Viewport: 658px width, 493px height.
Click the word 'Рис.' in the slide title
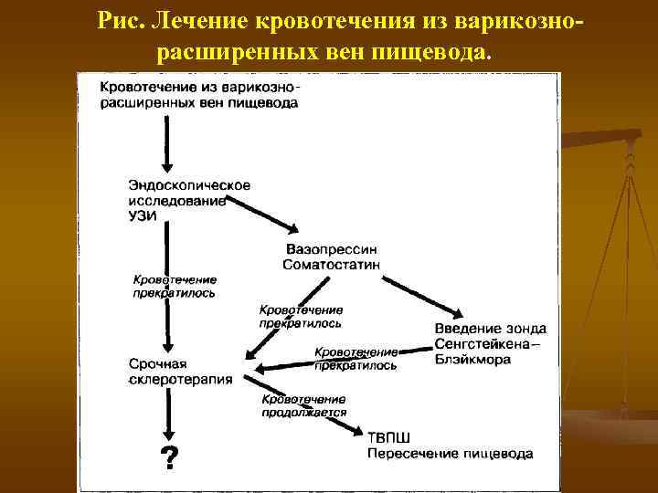[x=125, y=18]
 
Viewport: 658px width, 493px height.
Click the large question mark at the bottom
[x=169, y=456]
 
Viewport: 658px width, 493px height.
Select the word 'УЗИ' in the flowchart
[x=143, y=215]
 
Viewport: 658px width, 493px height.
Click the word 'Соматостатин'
[x=333, y=265]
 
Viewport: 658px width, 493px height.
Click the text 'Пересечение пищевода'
[x=450, y=452]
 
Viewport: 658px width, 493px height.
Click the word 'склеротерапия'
[x=181, y=379]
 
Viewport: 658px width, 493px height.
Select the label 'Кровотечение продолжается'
[x=303, y=405]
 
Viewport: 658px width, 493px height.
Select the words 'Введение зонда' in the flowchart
[x=490, y=328]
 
